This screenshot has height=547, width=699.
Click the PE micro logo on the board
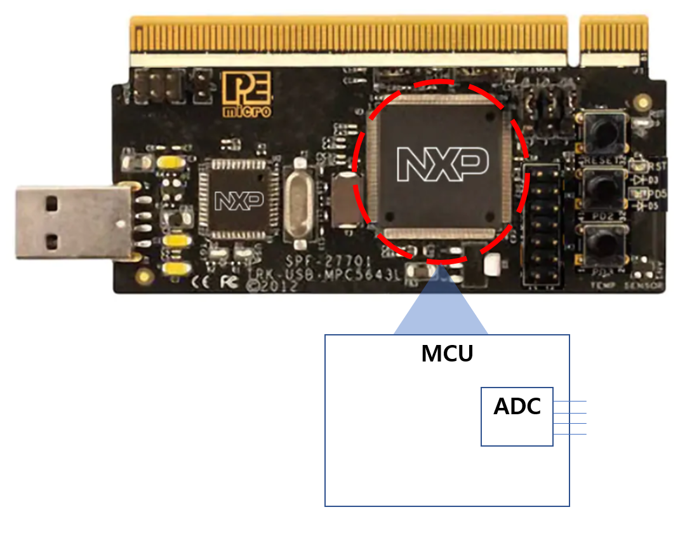click(x=246, y=94)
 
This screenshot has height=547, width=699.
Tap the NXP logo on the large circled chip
click(x=442, y=163)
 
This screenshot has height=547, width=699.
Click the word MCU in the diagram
click(x=447, y=354)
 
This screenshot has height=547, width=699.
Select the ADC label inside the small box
click(x=517, y=407)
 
